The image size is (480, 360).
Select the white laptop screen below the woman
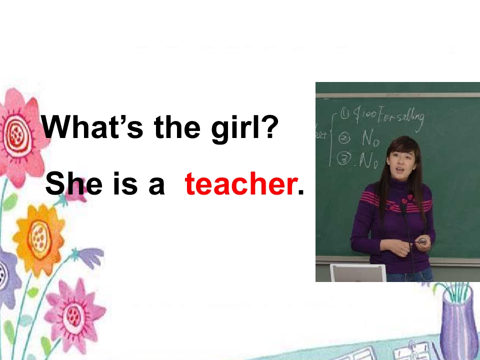click(358, 273)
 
